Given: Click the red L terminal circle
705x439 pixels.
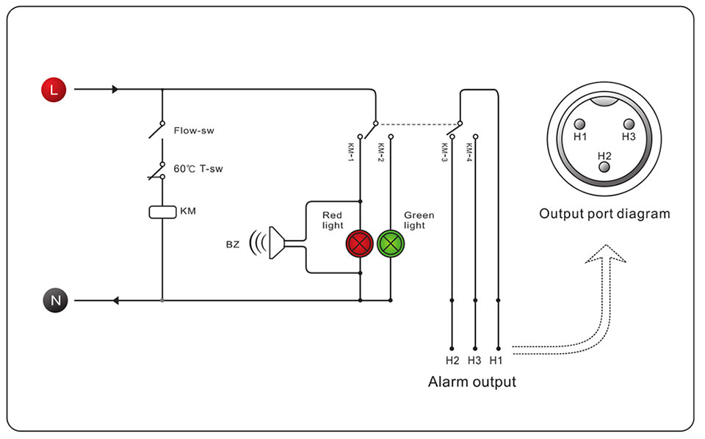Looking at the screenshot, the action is [x=54, y=90].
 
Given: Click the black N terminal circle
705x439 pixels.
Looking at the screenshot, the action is [x=55, y=300].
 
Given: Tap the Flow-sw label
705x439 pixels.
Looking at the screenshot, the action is [x=194, y=131].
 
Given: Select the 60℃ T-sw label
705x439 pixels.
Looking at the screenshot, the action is [x=198, y=169].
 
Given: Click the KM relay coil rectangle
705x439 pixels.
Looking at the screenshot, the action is [x=162, y=211].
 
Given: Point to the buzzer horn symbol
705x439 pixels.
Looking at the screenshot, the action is [x=276, y=243].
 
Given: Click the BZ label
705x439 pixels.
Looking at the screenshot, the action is [x=233, y=244].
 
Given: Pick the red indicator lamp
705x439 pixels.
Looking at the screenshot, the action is [x=360, y=244].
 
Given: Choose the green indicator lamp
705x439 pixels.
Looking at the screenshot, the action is [x=390, y=244].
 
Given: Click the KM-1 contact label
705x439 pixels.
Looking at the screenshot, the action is [x=351, y=152].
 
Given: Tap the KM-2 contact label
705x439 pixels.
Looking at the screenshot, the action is [x=381, y=152].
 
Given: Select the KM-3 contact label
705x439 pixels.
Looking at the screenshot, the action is [x=444, y=152].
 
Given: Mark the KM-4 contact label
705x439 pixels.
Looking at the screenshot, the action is [x=469, y=152].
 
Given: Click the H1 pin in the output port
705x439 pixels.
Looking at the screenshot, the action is [x=580, y=124].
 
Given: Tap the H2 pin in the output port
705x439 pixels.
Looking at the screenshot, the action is [x=604, y=167].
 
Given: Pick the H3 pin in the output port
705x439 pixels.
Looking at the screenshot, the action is [x=629, y=124].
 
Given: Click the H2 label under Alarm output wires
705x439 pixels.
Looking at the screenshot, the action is [x=452, y=360].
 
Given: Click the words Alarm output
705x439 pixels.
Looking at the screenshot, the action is [x=472, y=382].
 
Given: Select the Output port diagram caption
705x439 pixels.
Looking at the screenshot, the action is [x=604, y=214].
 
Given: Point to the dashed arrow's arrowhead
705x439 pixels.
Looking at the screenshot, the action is [x=606, y=253].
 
